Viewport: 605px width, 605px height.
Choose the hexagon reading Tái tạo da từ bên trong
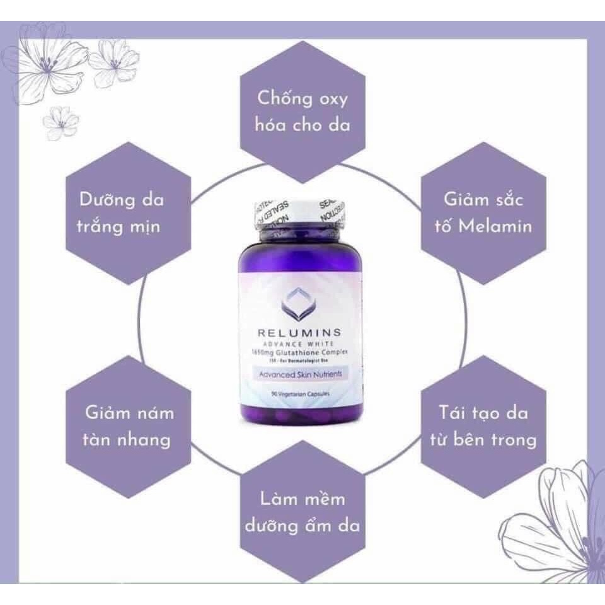483,426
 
